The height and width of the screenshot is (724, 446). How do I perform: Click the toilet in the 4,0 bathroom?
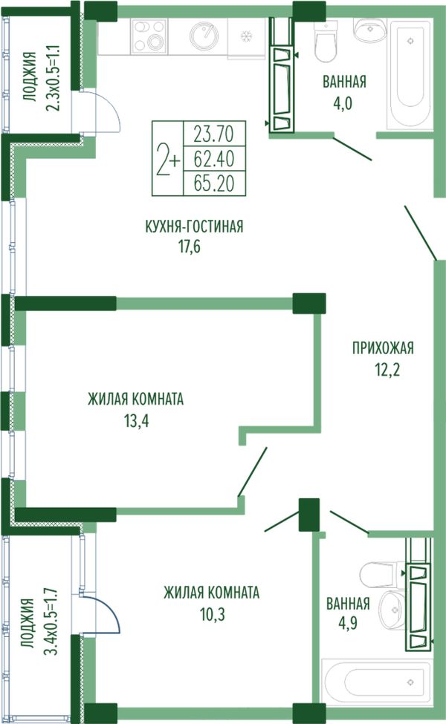326,41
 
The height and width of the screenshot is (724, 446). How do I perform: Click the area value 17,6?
190,247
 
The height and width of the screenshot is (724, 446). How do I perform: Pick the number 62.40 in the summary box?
214,159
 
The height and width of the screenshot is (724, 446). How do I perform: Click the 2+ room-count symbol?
168,160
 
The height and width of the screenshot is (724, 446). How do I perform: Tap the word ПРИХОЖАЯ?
383,348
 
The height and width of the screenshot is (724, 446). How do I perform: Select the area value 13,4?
136,421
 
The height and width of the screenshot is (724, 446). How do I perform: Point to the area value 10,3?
212,614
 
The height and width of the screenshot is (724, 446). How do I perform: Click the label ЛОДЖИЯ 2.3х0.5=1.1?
41,77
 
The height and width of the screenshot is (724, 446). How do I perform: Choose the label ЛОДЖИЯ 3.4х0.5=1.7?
41,621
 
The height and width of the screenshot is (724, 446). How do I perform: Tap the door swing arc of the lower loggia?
108,607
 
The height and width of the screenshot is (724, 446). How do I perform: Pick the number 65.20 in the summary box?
214,183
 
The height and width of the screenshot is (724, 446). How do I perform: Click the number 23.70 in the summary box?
214,134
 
